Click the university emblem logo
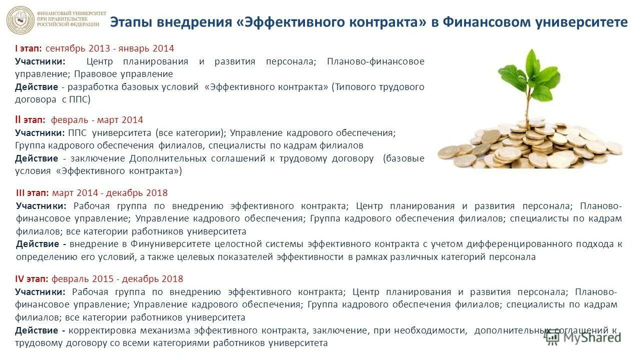pos(20,20)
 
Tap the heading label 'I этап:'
pos(28,48)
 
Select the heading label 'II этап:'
pos(30,120)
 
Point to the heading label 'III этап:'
pos(32,193)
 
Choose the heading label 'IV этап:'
pos(31,279)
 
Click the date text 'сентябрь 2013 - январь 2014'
pos(109,48)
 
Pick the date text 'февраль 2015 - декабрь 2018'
pos(117,279)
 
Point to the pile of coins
pos(530,145)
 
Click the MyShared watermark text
pos(592,337)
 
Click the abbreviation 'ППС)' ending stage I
pos(81,99)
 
